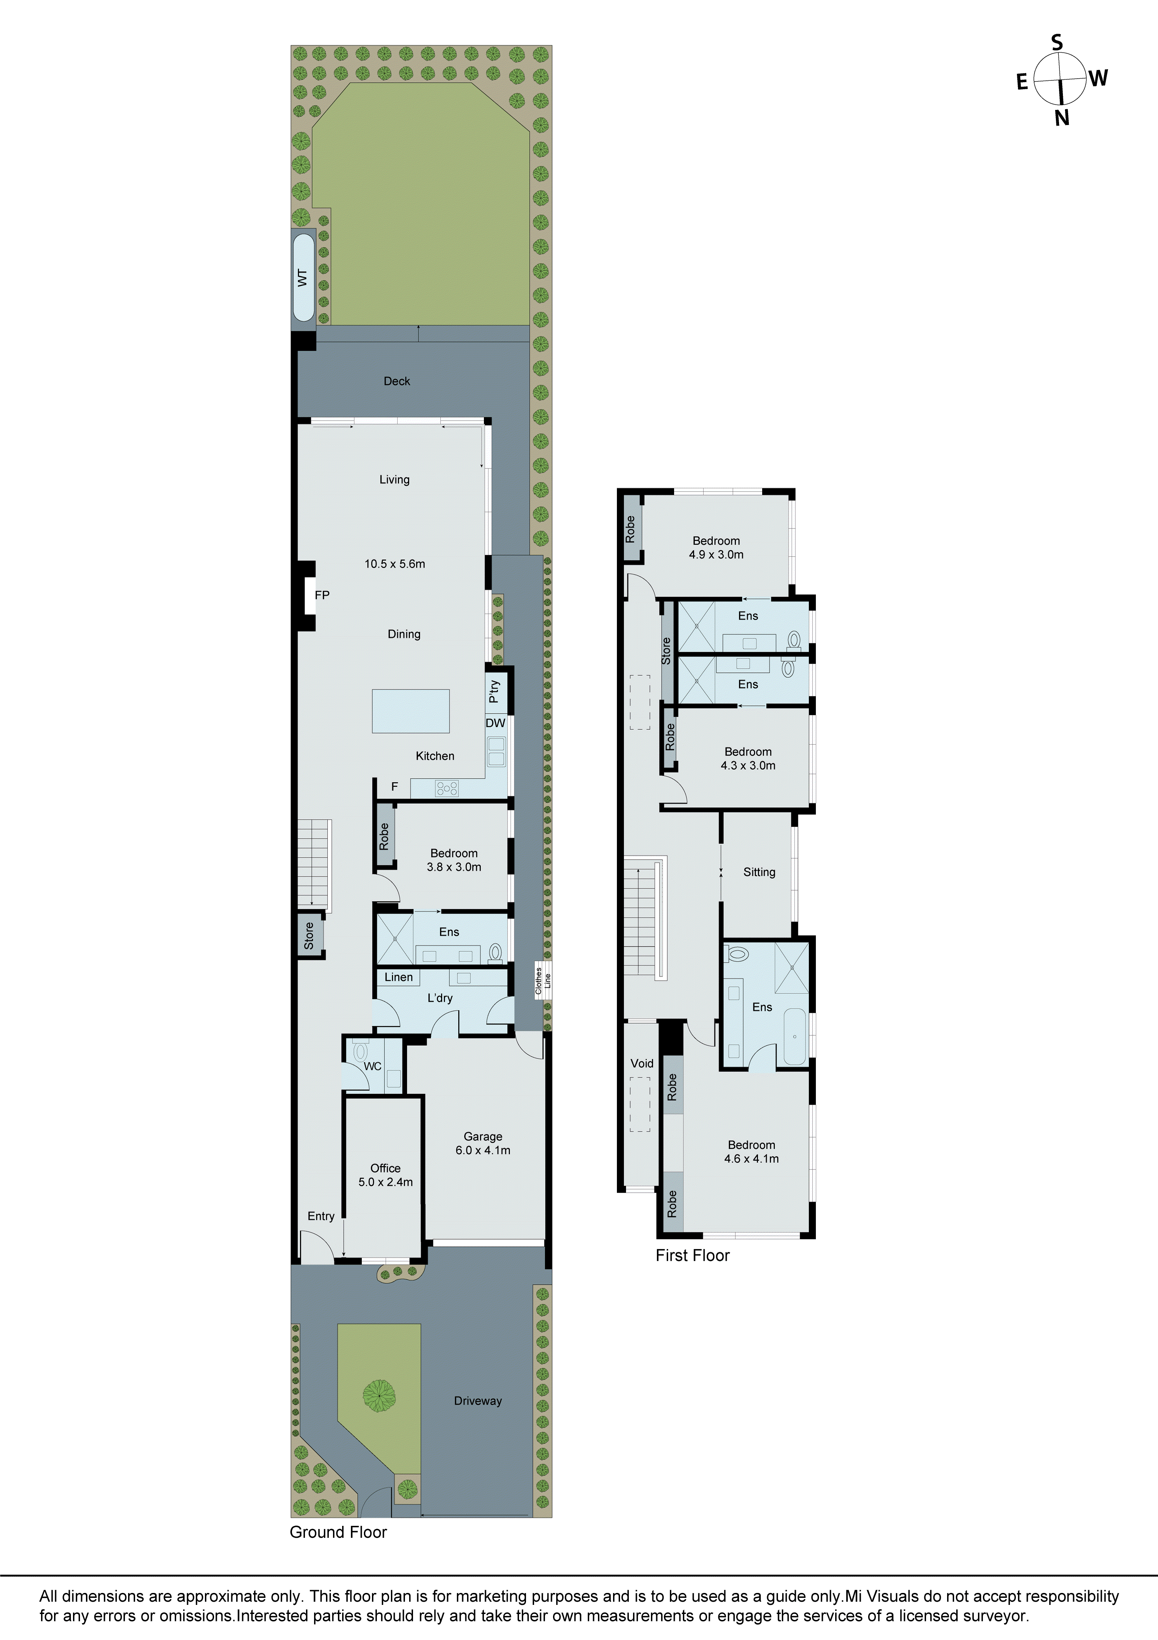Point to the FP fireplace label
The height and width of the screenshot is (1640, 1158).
tap(322, 595)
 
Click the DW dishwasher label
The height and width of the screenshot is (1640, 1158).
tap(495, 723)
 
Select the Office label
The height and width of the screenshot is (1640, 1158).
tap(386, 1168)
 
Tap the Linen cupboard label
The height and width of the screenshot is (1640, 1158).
tap(398, 977)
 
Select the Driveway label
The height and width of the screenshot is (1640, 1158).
tap(478, 1401)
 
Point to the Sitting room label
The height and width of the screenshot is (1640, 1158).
tap(759, 872)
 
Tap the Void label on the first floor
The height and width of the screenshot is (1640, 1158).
tap(642, 1064)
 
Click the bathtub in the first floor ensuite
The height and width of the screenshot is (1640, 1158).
tap(794, 1036)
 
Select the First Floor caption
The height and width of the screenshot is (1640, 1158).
tap(692, 1256)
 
